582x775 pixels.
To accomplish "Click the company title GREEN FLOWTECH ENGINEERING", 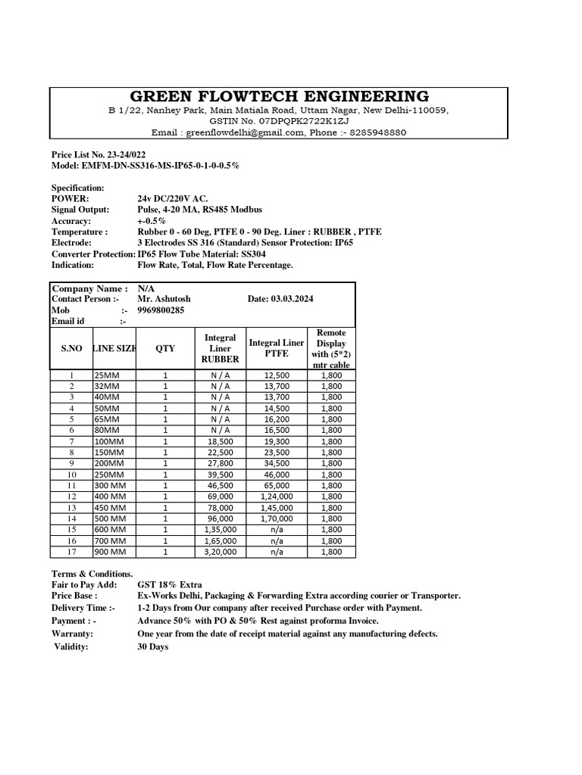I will point(279,96).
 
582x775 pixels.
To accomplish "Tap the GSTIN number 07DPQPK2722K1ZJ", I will point(312,121).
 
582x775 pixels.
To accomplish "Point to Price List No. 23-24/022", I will point(99,154).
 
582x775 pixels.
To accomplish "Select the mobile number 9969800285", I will point(161,310).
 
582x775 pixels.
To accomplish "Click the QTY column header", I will point(164,348).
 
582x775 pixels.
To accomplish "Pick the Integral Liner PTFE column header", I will point(276,348).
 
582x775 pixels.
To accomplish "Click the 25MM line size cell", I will point(107,375).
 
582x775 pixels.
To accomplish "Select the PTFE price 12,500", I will point(276,375).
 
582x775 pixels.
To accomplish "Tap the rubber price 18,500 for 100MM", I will point(221,441).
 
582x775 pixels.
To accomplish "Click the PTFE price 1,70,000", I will point(276,518).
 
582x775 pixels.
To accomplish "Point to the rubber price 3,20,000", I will point(221,552).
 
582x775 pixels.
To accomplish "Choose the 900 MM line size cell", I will point(109,552).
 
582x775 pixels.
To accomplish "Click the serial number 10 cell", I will point(71,475).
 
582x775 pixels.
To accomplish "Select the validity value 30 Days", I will point(153,647).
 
